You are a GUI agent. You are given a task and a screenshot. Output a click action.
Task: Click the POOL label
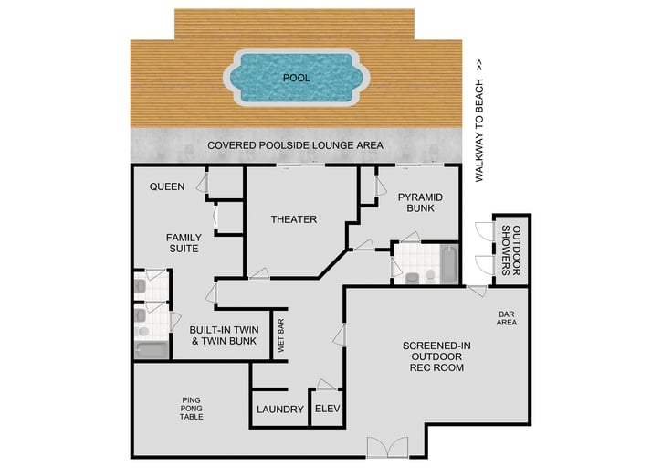[296, 79]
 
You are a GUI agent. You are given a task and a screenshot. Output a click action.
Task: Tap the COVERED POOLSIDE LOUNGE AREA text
[295, 146]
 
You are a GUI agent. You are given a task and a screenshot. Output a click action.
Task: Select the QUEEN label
[168, 187]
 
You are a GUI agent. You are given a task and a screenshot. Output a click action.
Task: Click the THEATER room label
[294, 219]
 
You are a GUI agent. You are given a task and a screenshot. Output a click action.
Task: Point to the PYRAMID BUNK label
[420, 203]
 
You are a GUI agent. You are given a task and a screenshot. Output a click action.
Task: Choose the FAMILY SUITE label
[184, 243]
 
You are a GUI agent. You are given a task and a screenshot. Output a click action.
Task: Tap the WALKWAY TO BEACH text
[478, 122]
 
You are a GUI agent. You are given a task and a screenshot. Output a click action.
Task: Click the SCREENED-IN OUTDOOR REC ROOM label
[434, 356]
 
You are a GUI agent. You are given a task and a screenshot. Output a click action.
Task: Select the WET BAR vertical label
[282, 335]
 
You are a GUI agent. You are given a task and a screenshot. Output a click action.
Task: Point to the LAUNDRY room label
[279, 409]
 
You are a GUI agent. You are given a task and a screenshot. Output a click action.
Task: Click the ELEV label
[326, 409]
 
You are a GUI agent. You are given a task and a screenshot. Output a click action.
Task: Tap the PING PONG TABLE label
[192, 408]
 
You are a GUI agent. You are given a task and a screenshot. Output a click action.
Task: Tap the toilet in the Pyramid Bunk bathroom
[412, 276]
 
